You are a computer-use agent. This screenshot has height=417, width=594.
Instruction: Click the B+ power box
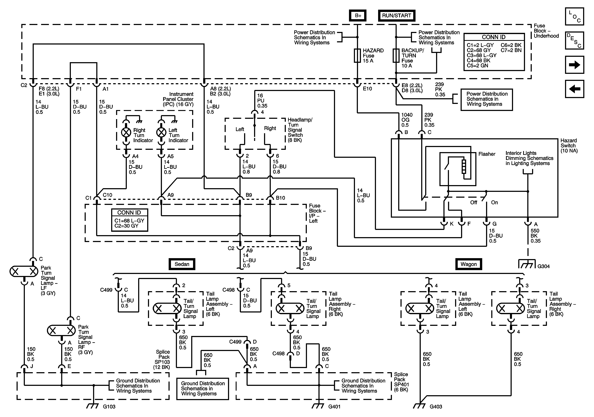[x=358, y=16]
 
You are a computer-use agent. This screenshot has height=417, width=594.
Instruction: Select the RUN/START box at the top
[x=396, y=16]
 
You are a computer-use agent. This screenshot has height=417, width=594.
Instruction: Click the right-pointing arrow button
[x=574, y=65]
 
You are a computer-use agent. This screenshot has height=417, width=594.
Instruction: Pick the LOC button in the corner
[x=574, y=16]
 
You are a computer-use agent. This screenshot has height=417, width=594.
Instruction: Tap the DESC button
[x=574, y=40]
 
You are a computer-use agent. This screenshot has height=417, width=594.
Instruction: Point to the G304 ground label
[x=543, y=266]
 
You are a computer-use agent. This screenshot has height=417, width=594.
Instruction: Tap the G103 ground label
[x=109, y=407]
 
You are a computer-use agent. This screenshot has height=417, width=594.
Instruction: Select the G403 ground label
[x=436, y=407]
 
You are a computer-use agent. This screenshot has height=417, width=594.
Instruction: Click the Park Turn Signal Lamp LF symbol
[x=24, y=272]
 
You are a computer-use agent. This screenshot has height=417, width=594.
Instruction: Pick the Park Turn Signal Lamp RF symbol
[x=61, y=330]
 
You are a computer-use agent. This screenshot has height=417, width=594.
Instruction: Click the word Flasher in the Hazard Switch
[x=487, y=154]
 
